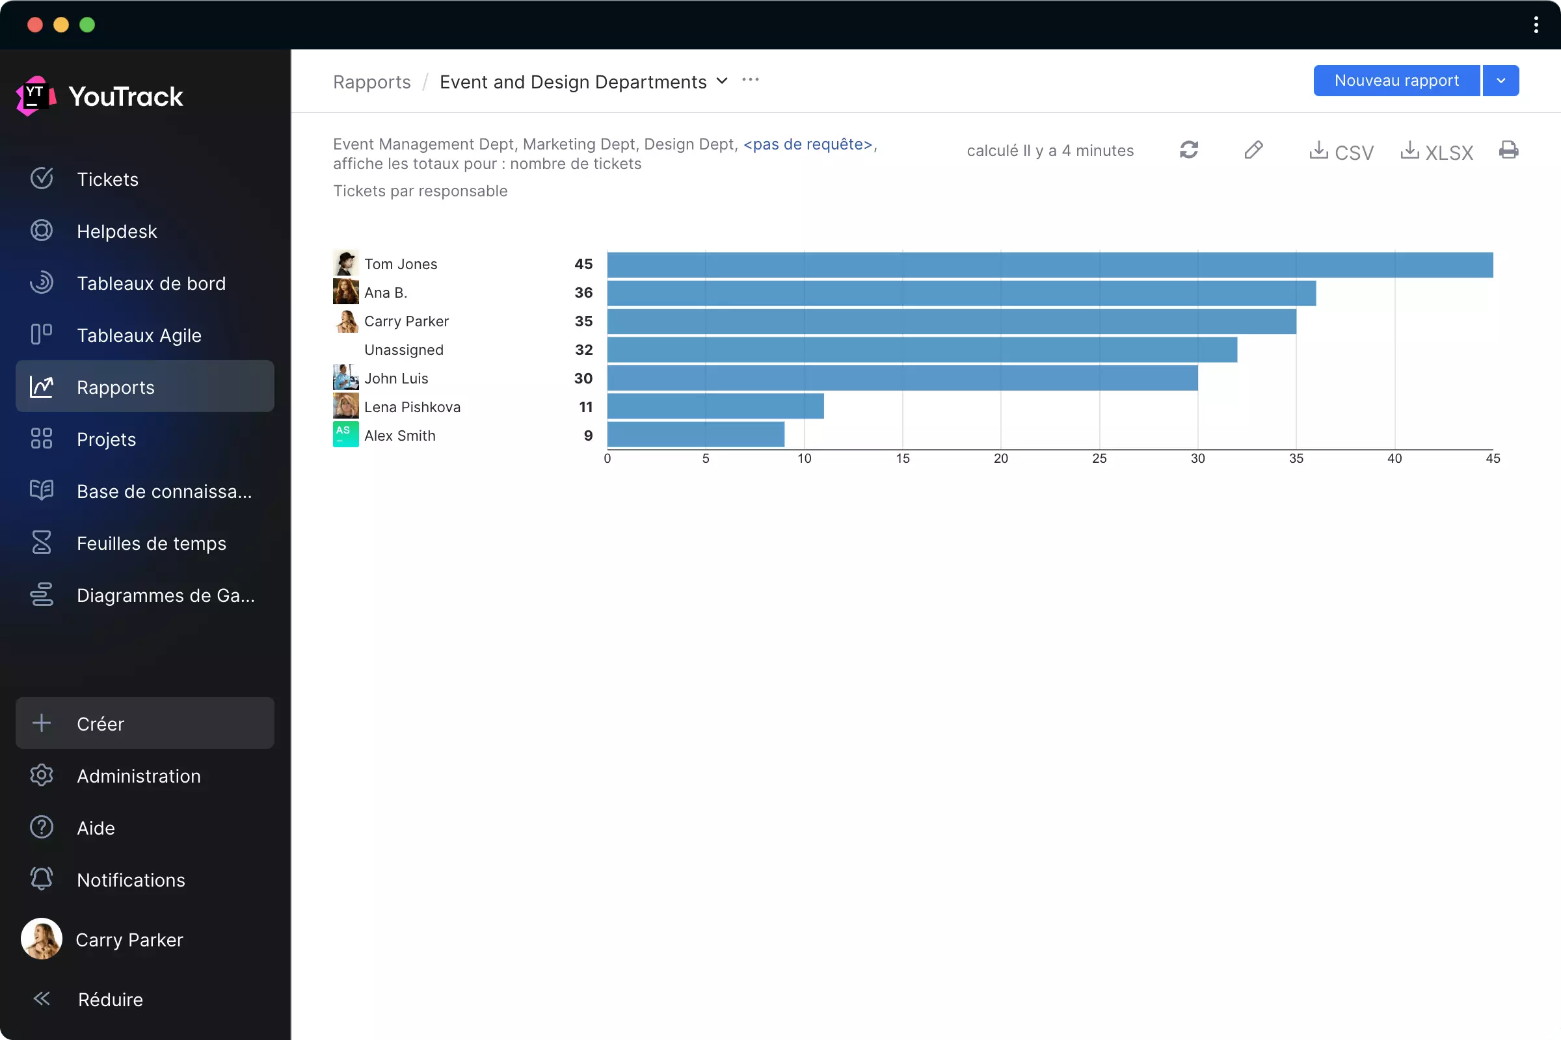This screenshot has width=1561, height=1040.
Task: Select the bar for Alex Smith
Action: [x=695, y=435]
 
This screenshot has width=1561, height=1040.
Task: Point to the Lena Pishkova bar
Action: [x=715, y=407]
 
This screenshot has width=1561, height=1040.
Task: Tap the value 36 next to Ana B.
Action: [x=583, y=292]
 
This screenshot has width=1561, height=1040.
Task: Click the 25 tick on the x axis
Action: [x=1099, y=458]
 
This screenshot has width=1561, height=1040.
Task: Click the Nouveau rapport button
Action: [x=1396, y=81]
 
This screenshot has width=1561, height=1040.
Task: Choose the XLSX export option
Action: [x=1436, y=151]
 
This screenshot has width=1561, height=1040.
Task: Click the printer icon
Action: [x=1508, y=150]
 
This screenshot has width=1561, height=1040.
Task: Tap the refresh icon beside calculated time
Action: [x=1189, y=150]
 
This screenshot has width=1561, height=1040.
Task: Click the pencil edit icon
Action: [x=1253, y=150]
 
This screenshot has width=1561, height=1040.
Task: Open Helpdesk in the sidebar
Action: [x=117, y=231]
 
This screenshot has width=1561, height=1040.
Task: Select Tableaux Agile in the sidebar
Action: [x=139, y=335]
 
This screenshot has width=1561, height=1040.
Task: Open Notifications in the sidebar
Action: [x=131, y=879]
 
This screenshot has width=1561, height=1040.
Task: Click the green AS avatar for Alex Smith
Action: [x=345, y=435]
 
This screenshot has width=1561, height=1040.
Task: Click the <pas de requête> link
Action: [x=807, y=144]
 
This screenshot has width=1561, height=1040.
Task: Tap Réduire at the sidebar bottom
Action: [x=110, y=999]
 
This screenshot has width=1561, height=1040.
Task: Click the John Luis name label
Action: [x=396, y=378]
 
